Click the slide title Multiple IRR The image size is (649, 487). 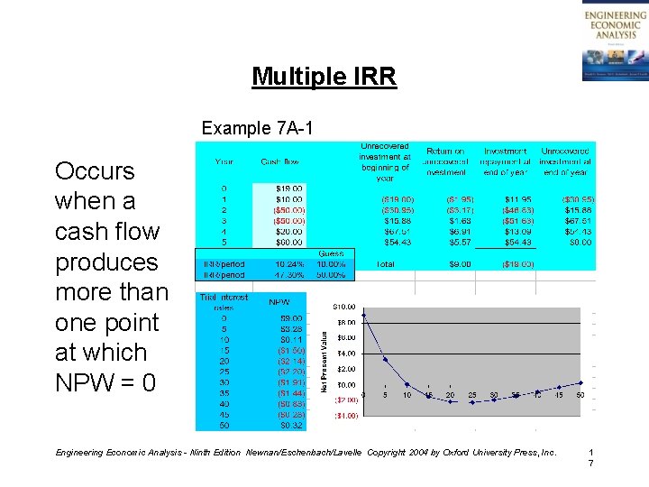[x=324, y=77]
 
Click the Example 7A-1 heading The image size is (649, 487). [x=257, y=128]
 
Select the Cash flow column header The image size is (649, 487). [x=282, y=162]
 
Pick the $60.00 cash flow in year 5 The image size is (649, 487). [x=288, y=243]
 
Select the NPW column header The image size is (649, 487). [x=279, y=302]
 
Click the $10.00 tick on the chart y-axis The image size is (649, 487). [x=345, y=307]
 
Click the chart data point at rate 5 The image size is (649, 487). [x=385, y=359]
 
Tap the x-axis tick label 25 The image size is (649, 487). [x=472, y=395]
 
